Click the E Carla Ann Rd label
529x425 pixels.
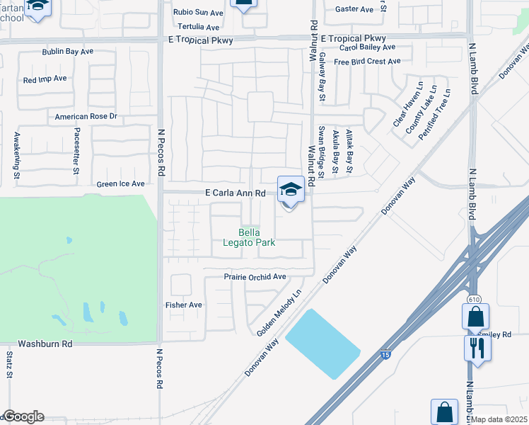pyautogui.click(x=236, y=193)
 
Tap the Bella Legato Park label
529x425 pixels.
pyautogui.click(x=255, y=237)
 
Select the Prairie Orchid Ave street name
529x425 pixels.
pyautogui.click(x=255, y=277)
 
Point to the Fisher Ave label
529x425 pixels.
pyautogui.click(x=184, y=305)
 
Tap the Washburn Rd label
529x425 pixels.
pyautogui.click(x=45, y=344)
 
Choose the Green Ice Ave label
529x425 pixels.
pyautogui.click(x=120, y=184)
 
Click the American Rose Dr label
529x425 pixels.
pyautogui.click(x=86, y=116)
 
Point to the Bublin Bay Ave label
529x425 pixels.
pyautogui.click(x=67, y=52)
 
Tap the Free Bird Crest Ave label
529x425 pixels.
pyautogui.click(x=368, y=62)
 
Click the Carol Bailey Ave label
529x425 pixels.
pyautogui.click(x=367, y=47)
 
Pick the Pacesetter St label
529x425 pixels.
pyautogui.click(x=76, y=150)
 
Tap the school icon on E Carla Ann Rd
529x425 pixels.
pyautogui.click(x=290, y=190)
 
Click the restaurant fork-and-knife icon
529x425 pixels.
pyautogui.click(x=475, y=348)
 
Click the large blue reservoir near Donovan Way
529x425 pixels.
pyautogui.click(x=322, y=342)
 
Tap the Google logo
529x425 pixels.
pyautogui.click(x=23, y=416)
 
